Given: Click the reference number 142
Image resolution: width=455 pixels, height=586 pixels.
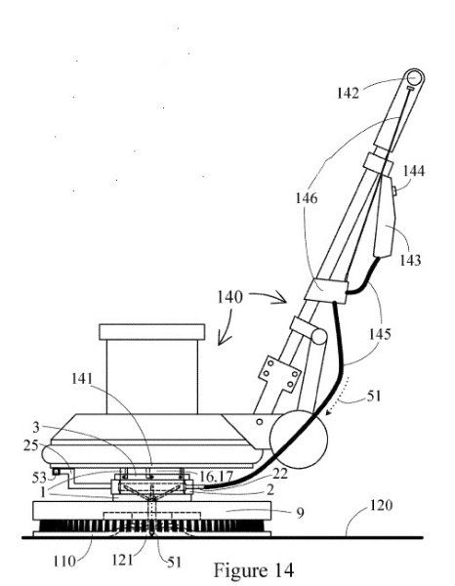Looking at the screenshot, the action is pyautogui.click(x=348, y=93).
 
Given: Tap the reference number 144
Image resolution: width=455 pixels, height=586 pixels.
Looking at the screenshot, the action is pyautogui.click(x=414, y=171).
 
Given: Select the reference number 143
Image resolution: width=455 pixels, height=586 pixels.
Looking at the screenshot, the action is pyautogui.click(x=410, y=260).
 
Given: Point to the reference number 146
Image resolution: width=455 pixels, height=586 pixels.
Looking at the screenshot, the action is pyautogui.click(x=307, y=198).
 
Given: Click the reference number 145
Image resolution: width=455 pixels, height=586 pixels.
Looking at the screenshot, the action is pyautogui.click(x=380, y=334).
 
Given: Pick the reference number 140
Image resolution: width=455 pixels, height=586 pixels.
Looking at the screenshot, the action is pyautogui.click(x=229, y=298).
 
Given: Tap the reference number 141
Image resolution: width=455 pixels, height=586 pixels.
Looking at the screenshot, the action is pyautogui.click(x=82, y=379).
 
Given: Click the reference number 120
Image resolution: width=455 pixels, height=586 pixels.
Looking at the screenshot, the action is pyautogui.click(x=381, y=505).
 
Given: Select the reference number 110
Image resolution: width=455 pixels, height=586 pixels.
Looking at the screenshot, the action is pyautogui.click(x=64, y=561).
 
